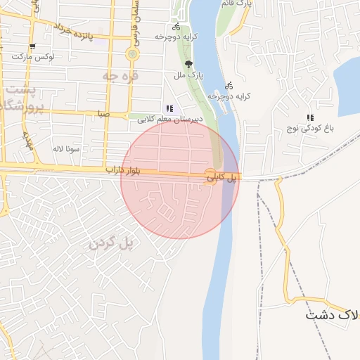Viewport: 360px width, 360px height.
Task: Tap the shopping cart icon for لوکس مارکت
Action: coord(32,46)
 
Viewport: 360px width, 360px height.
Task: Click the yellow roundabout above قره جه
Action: coord(132,53)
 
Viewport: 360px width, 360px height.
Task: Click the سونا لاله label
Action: coord(67,148)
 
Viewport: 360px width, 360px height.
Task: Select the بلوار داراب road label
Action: coord(124,171)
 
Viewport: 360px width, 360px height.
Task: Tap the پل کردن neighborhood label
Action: coord(111,243)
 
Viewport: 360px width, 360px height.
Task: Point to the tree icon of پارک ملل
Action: coord(188,62)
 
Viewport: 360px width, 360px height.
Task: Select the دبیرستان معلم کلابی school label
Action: coord(169,119)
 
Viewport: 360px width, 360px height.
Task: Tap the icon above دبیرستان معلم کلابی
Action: coord(169,108)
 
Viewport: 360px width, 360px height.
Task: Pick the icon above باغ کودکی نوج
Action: coord(309,117)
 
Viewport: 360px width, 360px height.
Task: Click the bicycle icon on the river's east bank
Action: coord(229,85)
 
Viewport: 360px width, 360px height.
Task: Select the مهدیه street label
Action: coord(29,141)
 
